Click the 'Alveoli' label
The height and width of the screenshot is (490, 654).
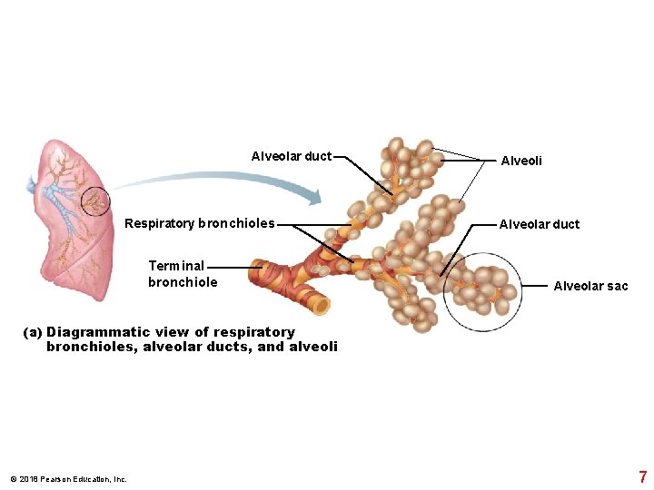click(521, 161)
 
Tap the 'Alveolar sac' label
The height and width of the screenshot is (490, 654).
click(590, 286)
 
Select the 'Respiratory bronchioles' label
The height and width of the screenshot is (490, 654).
click(199, 223)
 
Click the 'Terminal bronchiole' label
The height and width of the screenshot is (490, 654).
click(182, 274)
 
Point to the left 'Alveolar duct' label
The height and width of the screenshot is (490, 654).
click(291, 156)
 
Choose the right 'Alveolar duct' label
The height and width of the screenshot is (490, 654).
click(539, 224)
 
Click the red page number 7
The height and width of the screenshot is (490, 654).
click(642, 476)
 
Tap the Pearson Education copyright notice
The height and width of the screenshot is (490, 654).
click(68, 479)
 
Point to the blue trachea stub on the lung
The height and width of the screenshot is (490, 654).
click(35, 188)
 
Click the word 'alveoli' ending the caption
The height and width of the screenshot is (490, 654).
click(313, 347)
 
